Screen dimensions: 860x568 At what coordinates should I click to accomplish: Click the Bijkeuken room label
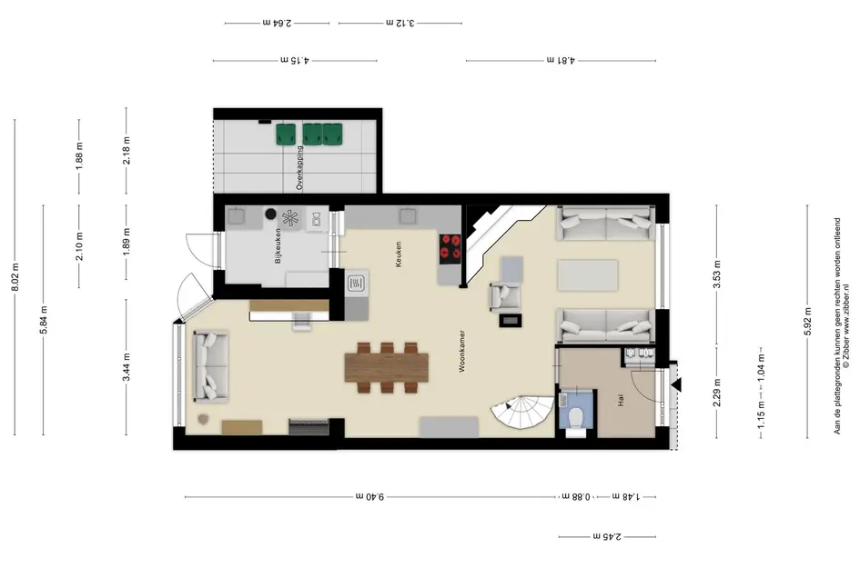click(278, 245)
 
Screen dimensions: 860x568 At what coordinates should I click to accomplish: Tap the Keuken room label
click(399, 254)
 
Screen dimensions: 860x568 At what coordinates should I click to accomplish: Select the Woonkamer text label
click(461, 351)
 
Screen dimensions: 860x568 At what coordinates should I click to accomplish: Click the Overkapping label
click(299, 167)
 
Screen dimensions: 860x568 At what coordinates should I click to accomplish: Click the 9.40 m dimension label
click(369, 496)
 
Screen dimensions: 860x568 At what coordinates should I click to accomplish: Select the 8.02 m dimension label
click(15, 276)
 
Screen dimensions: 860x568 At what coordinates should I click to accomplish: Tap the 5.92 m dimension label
click(807, 322)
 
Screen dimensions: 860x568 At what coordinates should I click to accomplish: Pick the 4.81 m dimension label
click(561, 60)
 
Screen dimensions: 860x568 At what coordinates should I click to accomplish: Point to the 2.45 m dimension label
click(607, 536)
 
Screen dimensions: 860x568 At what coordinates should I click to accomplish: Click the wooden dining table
click(387, 367)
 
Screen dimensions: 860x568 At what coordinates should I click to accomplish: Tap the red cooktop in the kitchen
click(450, 246)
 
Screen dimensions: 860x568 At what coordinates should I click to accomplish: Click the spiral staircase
click(523, 412)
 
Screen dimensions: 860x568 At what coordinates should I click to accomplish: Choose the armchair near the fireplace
click(505, 295)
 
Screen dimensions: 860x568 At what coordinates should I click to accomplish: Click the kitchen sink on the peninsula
click(357, 283)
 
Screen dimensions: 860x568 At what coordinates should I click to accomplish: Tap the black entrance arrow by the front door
click(676, 385)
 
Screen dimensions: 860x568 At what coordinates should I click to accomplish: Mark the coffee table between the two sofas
click(588, 275)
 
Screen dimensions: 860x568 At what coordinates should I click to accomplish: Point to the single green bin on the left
click(285, 134)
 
